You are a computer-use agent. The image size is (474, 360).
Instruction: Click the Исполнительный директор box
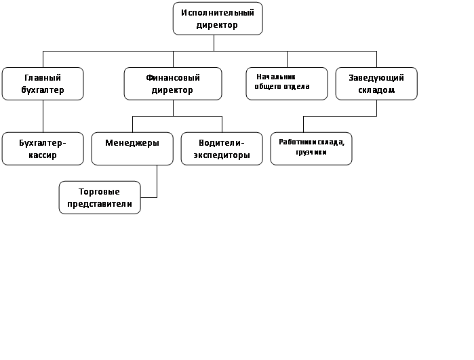click(x=218, y=18)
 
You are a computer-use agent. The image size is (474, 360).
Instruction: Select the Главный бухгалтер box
click(x=43, y=83)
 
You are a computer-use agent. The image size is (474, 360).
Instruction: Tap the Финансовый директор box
click(x=173, y=83)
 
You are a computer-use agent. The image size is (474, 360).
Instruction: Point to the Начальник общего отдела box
click(x=286, y=83)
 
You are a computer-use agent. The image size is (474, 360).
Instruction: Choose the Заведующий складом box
click(x=376, y=83)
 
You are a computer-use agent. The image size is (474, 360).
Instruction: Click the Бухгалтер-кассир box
click(x=43, y=148)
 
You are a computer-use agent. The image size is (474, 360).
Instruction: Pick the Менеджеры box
click(x=132, y=148)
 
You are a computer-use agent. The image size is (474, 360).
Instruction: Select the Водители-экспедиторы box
click(x=221, y=148)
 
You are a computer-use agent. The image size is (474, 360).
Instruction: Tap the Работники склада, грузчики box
click(x=311, y=148)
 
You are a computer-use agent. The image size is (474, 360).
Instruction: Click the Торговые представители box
click(x=100, y=197)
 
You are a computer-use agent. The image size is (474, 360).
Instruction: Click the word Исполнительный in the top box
click(x=218, y=13)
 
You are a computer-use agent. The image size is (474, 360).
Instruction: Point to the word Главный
click(x=43, y=78)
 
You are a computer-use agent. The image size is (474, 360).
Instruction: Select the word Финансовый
click(x=173, y=78)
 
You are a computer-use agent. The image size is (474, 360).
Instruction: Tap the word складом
click(x=376, y=89)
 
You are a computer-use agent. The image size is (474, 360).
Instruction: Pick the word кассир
click(x=43, y=155)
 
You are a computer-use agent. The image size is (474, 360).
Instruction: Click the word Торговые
click(x=99, y=192)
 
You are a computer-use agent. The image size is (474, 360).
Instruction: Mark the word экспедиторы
click(x=221, y=155)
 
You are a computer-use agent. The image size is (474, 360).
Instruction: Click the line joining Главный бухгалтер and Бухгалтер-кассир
click(x=43, y=116)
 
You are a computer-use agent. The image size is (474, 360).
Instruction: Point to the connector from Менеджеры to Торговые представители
click(x=157, y=183)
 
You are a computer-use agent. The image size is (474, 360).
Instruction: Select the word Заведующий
click(x=376, y=78)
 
